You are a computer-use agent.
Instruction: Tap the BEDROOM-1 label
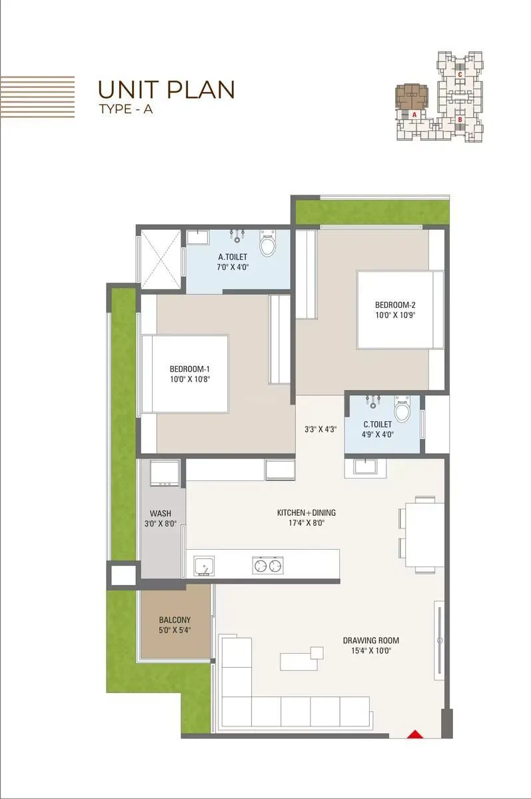[x=190, y=369]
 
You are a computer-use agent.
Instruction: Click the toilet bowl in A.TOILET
[x=267, y=245]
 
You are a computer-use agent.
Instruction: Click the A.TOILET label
[x=233, y=257]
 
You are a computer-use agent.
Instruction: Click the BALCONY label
[x=175, y=620]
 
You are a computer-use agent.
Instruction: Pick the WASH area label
[x=160, y=513]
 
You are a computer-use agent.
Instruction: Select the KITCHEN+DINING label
[x=306, y=512]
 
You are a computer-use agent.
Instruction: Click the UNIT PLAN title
[x=166, y=89]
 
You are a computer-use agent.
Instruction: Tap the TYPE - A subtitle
[x=125, y=110]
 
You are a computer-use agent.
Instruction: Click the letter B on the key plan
[x=460, y=120]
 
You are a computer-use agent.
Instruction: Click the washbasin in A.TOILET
[x=198, y=237]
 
